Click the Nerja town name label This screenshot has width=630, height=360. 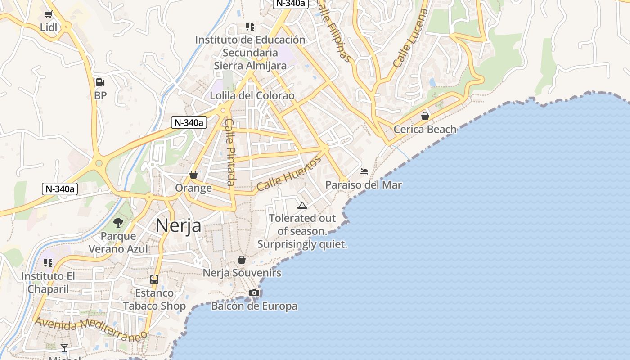coord(178,225)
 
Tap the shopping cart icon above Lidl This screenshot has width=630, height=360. coord(49,14)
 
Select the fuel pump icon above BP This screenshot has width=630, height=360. coord(100,82)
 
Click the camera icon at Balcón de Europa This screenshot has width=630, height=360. coord(254,293)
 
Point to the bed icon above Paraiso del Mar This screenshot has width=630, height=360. coord(364,171)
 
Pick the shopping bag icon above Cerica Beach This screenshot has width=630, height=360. coord(425,116)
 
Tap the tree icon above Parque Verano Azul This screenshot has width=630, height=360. coord(118,222)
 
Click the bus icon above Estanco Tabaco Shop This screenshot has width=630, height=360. coord(154,279)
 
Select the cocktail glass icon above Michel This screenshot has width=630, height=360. coord(64,347)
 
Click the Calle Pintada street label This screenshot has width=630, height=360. coord(230,152)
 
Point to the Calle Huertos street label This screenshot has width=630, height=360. coord(289,173)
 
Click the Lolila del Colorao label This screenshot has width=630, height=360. coord(252,95)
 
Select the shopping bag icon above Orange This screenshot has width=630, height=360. coord(193,175)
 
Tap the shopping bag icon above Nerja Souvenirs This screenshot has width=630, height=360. coord(242,260)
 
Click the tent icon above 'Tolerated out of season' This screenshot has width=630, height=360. coord(302,205)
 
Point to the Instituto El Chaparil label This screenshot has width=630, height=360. coord(48,282)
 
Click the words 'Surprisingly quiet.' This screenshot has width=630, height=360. coord(302,244)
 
